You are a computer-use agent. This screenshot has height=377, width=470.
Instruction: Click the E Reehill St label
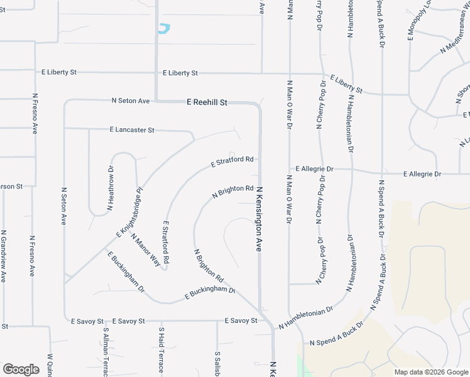tap(206, 102)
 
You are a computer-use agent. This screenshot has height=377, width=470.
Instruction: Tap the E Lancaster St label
tap(131, 130)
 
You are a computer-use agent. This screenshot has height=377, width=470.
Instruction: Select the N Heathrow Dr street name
tap(110, 187)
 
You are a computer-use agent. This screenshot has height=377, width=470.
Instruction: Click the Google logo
tap(21, 369)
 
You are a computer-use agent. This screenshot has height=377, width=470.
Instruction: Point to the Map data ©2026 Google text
tap(431, 372)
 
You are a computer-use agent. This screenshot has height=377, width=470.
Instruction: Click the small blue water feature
tap(164, 28)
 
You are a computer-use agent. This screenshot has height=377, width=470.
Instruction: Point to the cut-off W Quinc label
tap(50, 365)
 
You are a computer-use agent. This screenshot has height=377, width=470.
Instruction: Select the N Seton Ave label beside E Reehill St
tap(131, 101)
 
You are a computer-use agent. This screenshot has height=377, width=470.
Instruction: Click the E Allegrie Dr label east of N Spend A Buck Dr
tap(422, 174)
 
